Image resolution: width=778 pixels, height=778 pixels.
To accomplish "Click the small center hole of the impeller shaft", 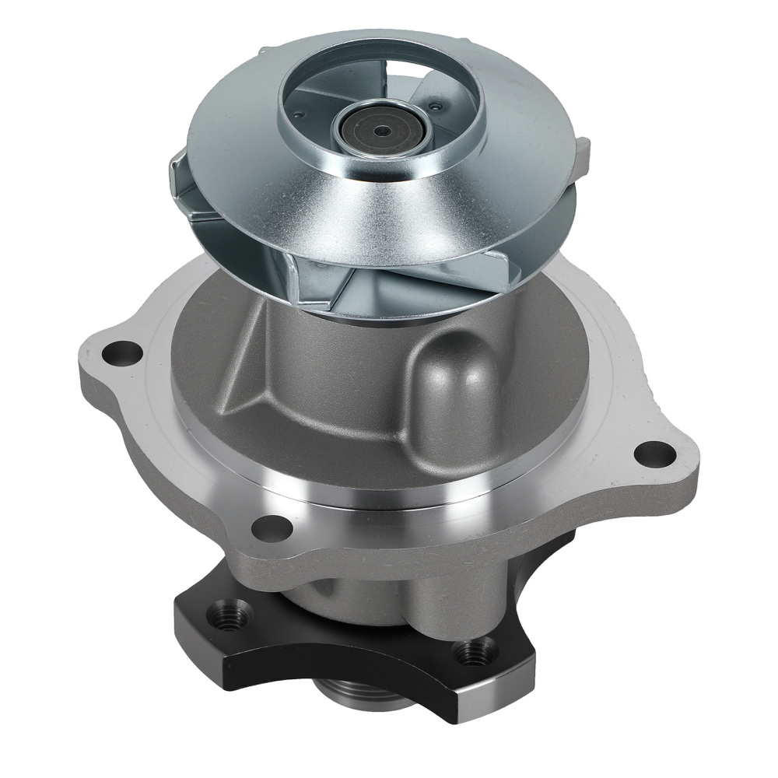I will click(380, 131).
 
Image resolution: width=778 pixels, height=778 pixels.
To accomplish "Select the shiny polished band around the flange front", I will click(373, 498).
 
